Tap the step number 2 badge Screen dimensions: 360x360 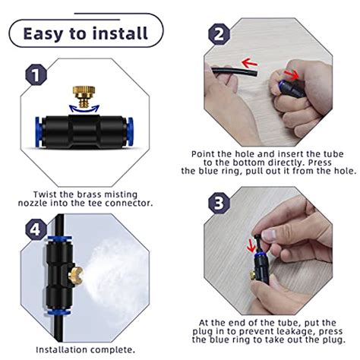[x=219, y=35]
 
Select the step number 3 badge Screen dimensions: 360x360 [x=219, y=204]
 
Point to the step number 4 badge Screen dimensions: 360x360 [x=33, y=229]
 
